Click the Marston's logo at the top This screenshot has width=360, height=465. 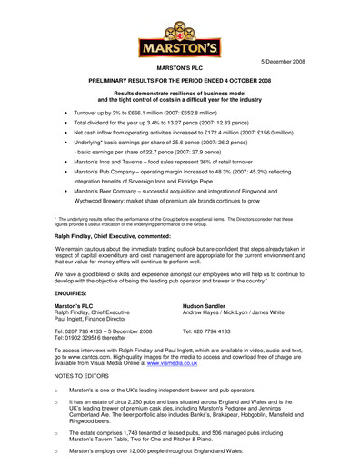[x=179, y=35]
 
